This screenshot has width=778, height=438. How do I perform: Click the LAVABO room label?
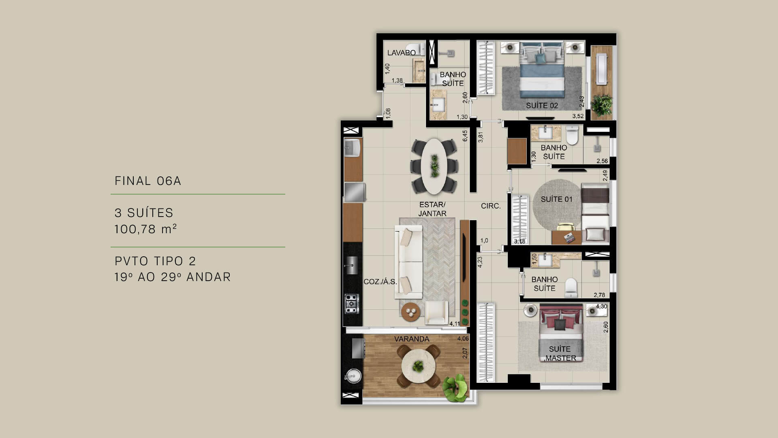point(402,53)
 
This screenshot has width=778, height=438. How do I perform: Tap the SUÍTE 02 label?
point(542,105)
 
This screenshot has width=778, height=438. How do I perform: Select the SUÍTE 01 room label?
point(557,199)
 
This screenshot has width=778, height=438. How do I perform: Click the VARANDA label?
point(412,339)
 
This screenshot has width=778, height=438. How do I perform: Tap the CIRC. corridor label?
point(491,206)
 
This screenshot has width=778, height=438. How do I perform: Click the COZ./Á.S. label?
point(380,281)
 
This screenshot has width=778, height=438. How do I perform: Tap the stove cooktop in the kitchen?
point(68,303)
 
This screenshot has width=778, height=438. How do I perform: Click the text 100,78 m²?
point(146,230)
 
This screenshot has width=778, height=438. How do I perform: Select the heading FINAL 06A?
point(148,181)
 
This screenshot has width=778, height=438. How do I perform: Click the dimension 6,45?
point(465,135)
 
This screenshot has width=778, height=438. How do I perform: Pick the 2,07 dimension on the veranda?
point(465,353)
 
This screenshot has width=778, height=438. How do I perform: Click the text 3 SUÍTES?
point(144,213)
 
